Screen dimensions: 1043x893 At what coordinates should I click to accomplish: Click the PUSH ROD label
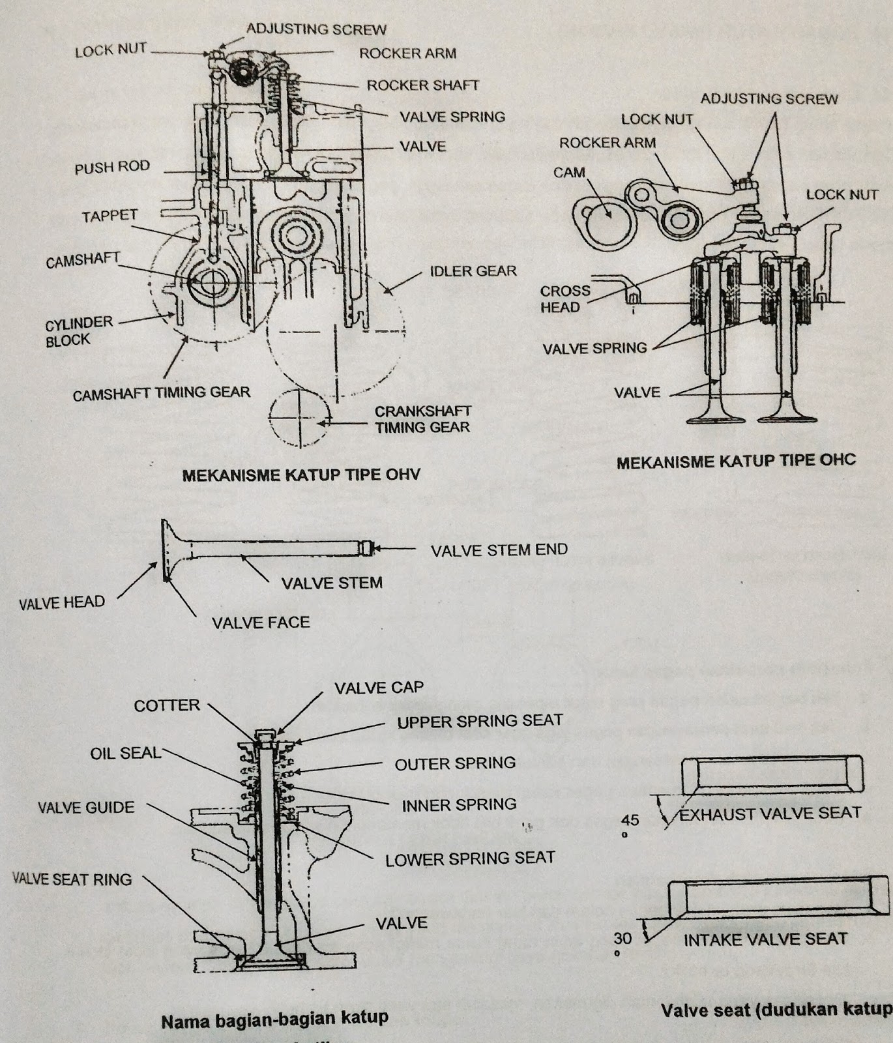point(112,168)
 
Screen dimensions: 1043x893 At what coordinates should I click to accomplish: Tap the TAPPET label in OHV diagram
point(110,216)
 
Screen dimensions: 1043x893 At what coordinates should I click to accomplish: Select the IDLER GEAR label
point(473,271)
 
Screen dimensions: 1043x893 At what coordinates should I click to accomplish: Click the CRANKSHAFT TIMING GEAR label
point(422,419)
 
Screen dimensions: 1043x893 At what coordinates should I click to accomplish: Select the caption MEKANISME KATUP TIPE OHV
point(301,475)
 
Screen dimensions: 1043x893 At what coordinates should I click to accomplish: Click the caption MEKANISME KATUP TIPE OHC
point(736,462)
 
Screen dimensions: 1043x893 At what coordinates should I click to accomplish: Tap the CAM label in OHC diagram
point(569,173)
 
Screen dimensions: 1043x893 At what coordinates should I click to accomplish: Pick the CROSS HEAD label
point(564,299)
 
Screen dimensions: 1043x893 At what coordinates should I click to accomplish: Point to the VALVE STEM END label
point(499,550)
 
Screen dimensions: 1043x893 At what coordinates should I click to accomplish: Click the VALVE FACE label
point(261,623)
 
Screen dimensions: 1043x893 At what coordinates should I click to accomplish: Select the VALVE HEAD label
point(62,602)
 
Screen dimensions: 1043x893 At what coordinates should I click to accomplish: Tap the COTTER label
point(167,706)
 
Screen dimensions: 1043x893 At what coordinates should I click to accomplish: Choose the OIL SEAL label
point(125,754)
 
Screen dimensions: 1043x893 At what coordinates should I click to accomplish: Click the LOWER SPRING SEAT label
point(470,859)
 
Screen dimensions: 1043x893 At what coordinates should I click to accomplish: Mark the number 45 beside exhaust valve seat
point(630,820)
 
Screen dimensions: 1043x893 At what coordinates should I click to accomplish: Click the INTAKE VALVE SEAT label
point(765,939)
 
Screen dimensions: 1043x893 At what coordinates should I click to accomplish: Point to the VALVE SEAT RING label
point(72,879)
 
